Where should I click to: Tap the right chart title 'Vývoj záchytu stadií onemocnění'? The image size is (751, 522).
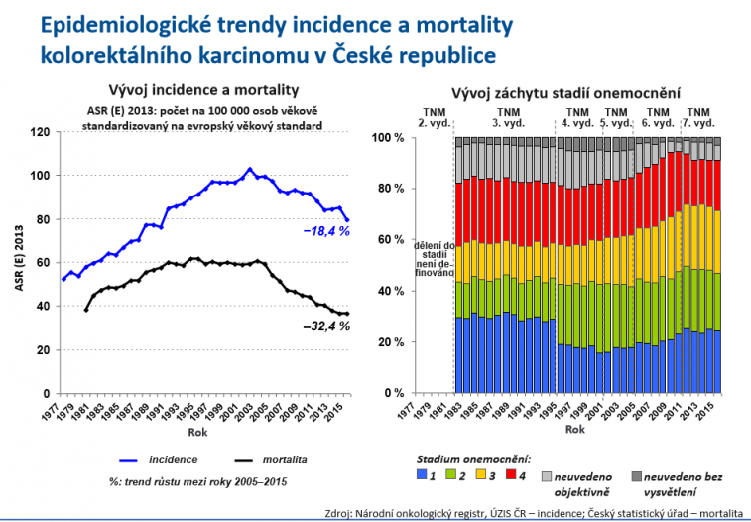pos(565,92)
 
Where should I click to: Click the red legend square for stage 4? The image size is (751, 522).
pos(511,476)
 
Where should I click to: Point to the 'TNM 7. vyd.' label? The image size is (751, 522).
pos(698,118)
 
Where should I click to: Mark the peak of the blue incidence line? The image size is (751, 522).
pos(250,169)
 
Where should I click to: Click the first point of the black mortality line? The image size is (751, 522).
pos(86,310)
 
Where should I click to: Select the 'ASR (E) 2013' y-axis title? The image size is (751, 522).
pos(17,262)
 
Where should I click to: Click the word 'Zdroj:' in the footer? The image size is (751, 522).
pos(340,513)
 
